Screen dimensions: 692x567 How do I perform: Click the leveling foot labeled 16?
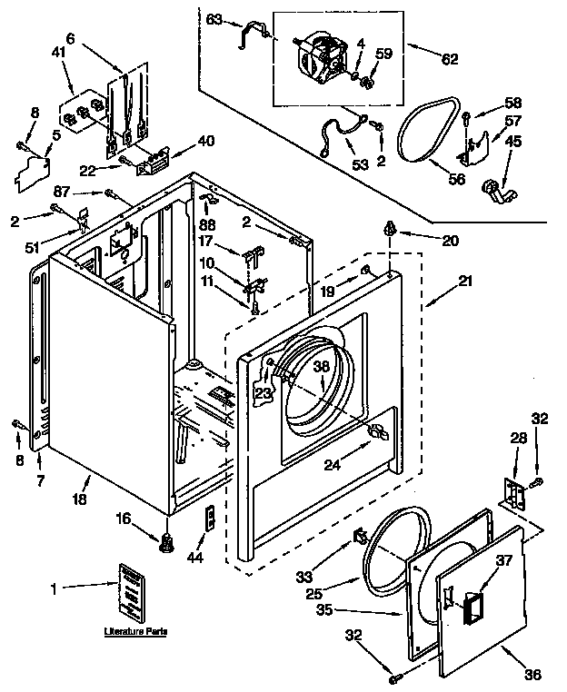(166, 542)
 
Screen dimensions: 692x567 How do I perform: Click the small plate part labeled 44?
(209, 519)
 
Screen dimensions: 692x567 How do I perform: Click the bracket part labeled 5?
(33, 172)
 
